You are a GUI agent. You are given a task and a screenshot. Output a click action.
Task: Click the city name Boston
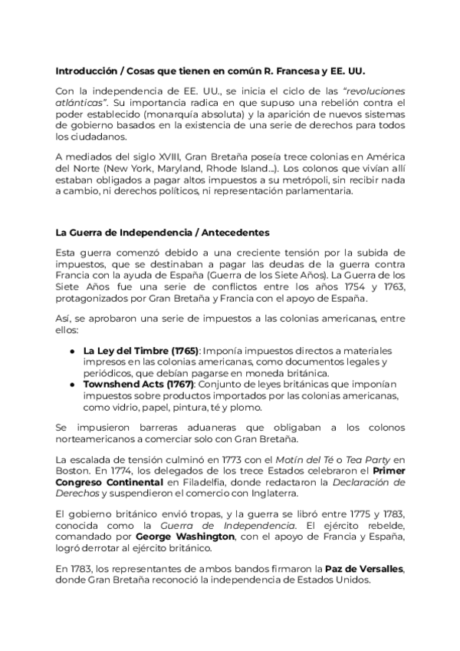click(x=72, y=471)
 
